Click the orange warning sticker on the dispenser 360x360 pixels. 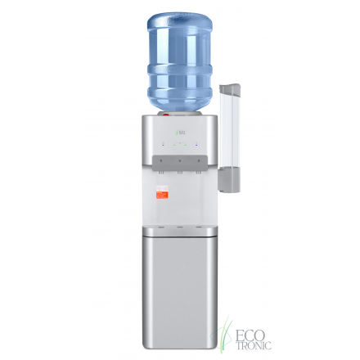(162, 194)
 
